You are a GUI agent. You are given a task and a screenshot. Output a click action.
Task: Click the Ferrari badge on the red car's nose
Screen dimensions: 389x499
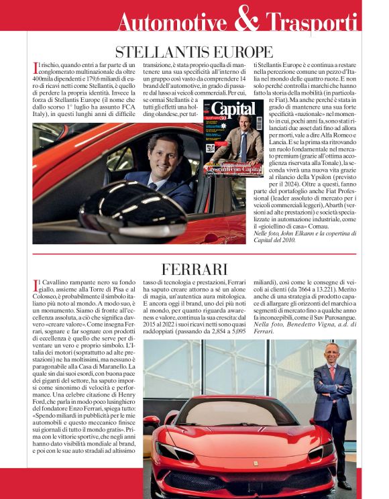tap(255, 463)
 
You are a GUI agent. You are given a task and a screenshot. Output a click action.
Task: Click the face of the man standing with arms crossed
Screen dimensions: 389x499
tap(332, 353)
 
